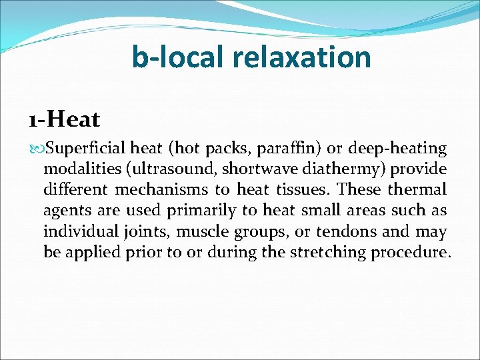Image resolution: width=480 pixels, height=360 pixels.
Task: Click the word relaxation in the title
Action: point(301,57)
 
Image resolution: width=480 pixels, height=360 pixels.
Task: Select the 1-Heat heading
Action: point(64,120)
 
